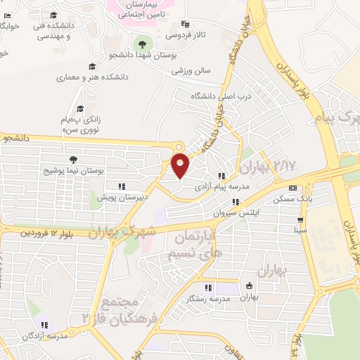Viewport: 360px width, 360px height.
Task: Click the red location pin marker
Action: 181,165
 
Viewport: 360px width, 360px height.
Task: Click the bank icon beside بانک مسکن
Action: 293,188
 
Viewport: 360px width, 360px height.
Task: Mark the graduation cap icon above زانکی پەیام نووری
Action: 79,109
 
